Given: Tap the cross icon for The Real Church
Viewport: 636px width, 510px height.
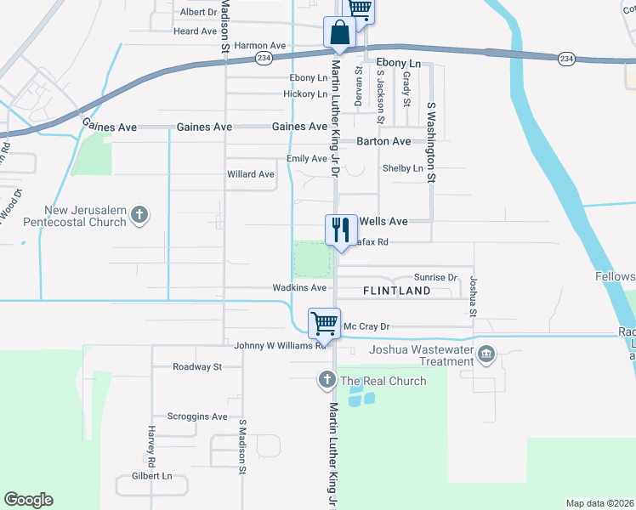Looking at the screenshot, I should pyautogui.click(x=327, y=381).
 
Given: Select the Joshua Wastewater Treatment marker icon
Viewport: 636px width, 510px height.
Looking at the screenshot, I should pyautogui.click(x=486, y=353).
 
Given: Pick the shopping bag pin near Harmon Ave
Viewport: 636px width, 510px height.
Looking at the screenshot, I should pyautogui.click(x=338, y=34).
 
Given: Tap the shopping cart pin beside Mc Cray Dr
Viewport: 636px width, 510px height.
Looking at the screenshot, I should pyautogui.click(x=324, y=324).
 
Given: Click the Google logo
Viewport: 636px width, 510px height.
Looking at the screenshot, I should pyautogui.click(x=28, y=500).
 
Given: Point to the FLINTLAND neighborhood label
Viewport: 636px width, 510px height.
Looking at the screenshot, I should pyautogui.click(x=396, y=291).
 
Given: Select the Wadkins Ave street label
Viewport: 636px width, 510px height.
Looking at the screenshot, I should pyautogui.click(x=299, y=288).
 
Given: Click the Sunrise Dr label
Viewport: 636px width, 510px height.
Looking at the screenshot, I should pyautogui.click(x=435, y=277).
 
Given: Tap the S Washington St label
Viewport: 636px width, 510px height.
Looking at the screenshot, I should pyautogui.click(x=431, y=143).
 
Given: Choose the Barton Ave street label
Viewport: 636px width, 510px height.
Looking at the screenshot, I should pyautogui.click(x=383, y=141).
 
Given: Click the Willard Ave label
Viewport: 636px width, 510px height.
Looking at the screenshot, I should pyautogui.click(x=251, y=174).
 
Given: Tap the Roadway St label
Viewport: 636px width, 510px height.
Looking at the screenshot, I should pyautogui.click(x=196, y=367).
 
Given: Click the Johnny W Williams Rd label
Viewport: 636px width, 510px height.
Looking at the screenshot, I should pyautogui.click(x=281, y=346).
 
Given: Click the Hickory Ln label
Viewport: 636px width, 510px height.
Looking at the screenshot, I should pyautogui.click(x=304, y=93).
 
